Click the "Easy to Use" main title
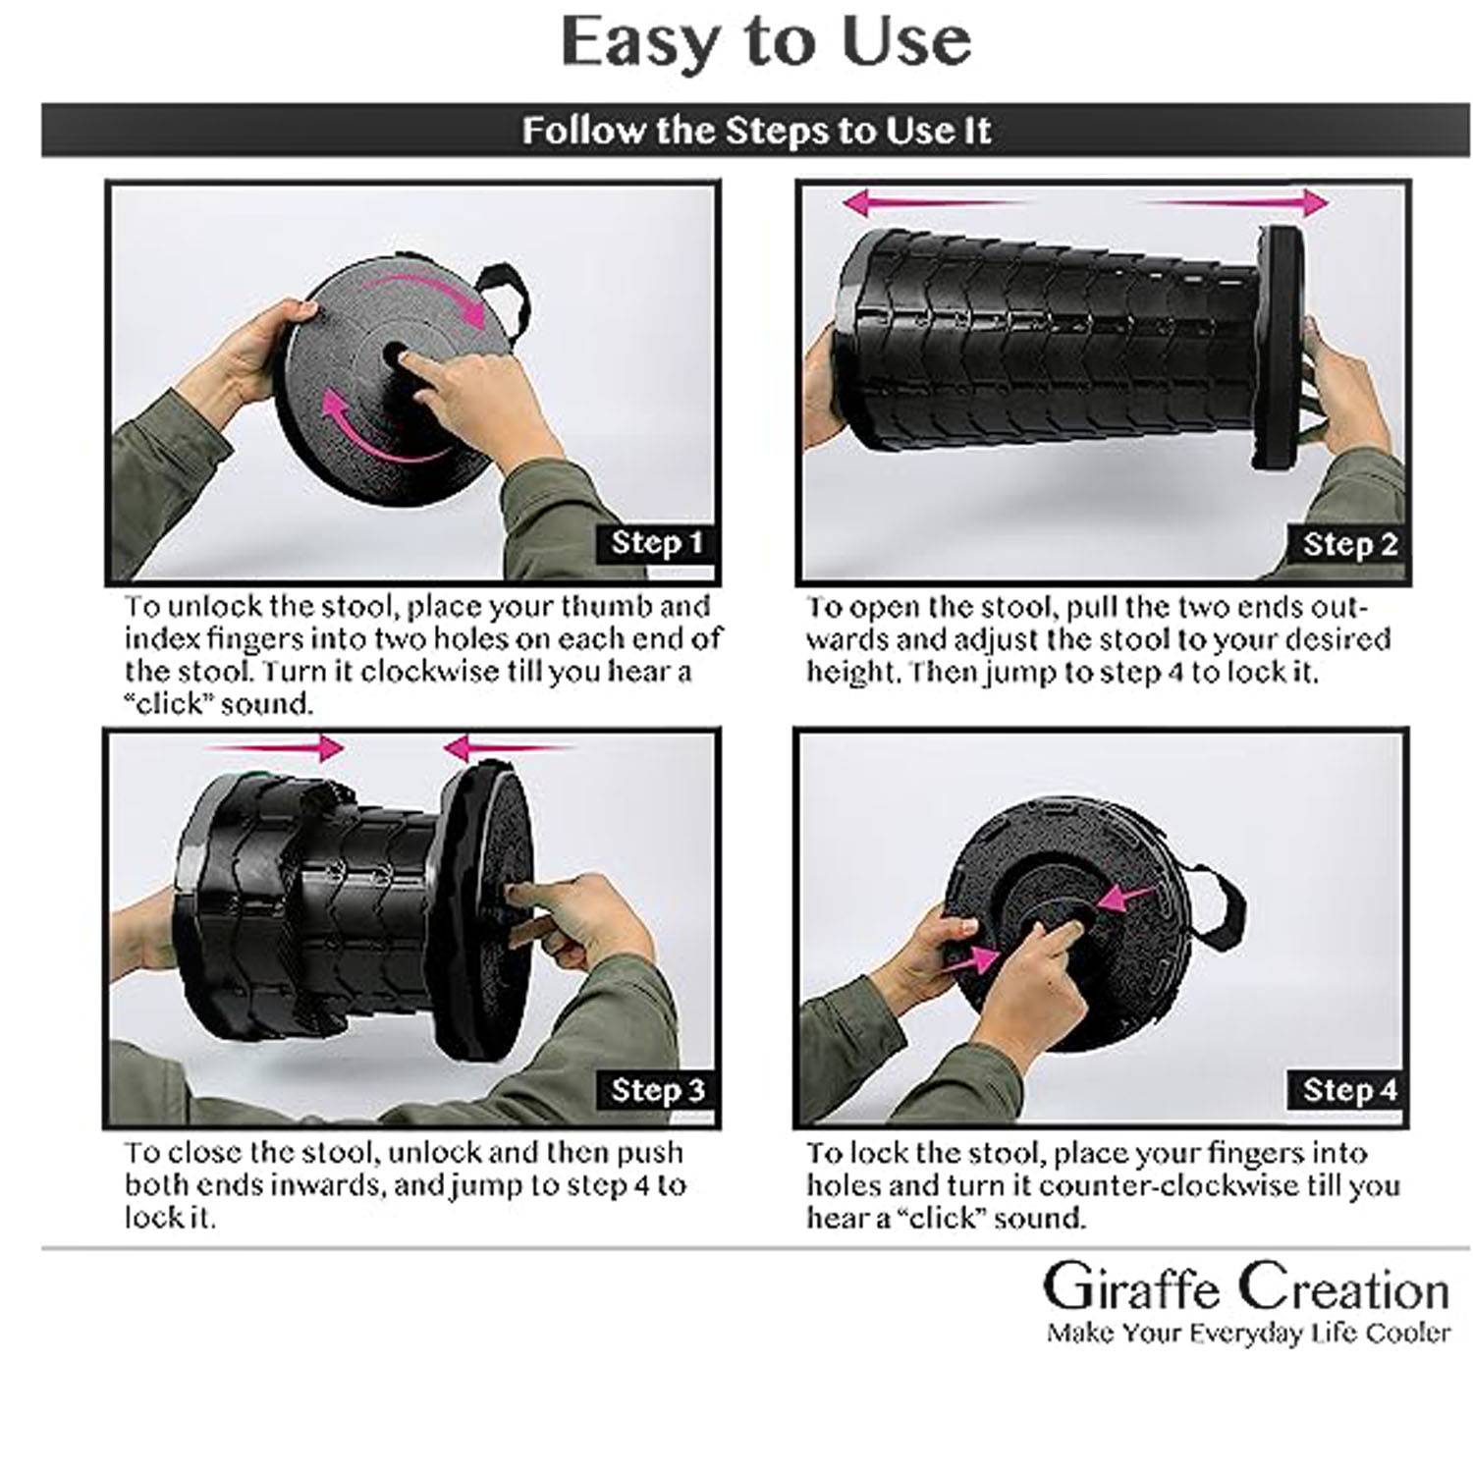766,41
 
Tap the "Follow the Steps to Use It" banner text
756,131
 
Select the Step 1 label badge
657,543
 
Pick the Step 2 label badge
1349,544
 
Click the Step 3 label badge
657,1090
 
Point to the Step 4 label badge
1348,1090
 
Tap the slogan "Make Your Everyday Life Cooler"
1248,1333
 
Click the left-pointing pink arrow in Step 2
933,203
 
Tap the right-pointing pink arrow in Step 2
1237,203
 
